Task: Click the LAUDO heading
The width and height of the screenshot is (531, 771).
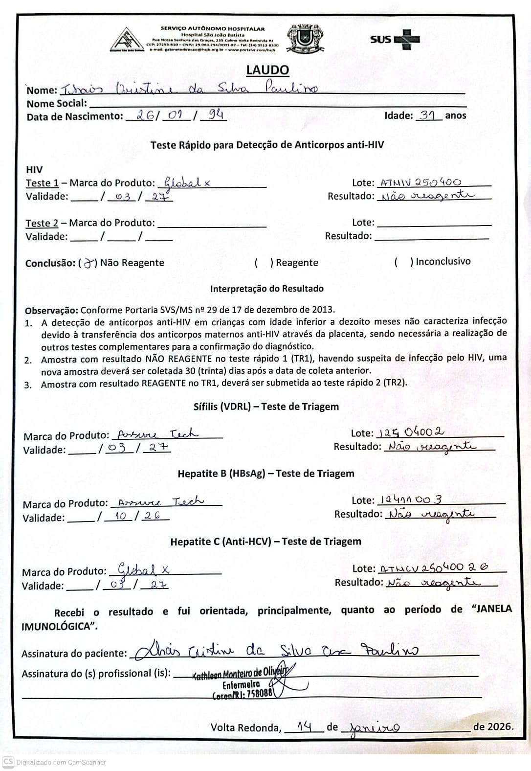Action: click(x=267, y=70)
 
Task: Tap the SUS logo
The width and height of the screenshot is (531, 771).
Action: click(x=395, y=39)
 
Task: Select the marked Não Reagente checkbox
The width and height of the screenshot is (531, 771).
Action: click(x=89, y=263)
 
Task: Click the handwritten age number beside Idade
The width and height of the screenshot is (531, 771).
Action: click(x=428, y=115)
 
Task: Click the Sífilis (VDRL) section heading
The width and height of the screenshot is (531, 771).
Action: click(x=266, y=407)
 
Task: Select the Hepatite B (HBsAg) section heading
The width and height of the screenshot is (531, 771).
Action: click(x=266, y=474)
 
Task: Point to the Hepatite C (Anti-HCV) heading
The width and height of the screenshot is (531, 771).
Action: click(x=265, y=542)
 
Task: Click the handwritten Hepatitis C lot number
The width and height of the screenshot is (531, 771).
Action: click(x=434, y=568)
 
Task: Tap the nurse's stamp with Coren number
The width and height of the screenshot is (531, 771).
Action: click(x=243, y=683)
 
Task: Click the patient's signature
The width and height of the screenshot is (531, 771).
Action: click(x=277, y=651)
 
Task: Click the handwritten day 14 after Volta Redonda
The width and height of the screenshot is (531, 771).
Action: click(x=304, y=726)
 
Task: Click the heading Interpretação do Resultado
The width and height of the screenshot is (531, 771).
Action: click(x=266, y=289)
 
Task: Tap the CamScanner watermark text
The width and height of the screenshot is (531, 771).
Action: click(x=61, y=762)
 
